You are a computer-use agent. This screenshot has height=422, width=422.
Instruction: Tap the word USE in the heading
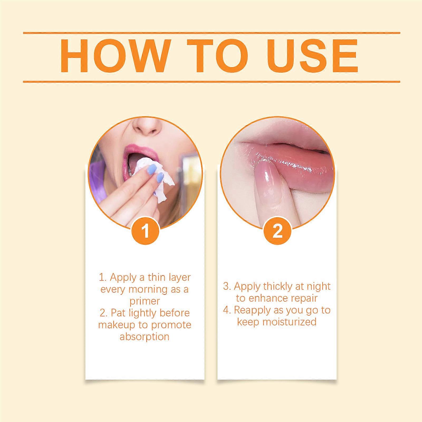313,56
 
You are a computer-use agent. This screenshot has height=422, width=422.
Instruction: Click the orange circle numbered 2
277,231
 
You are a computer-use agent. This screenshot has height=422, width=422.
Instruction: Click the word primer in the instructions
145,301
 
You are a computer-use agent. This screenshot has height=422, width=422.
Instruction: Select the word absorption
145,337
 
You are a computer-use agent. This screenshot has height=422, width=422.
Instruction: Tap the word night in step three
318,286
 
